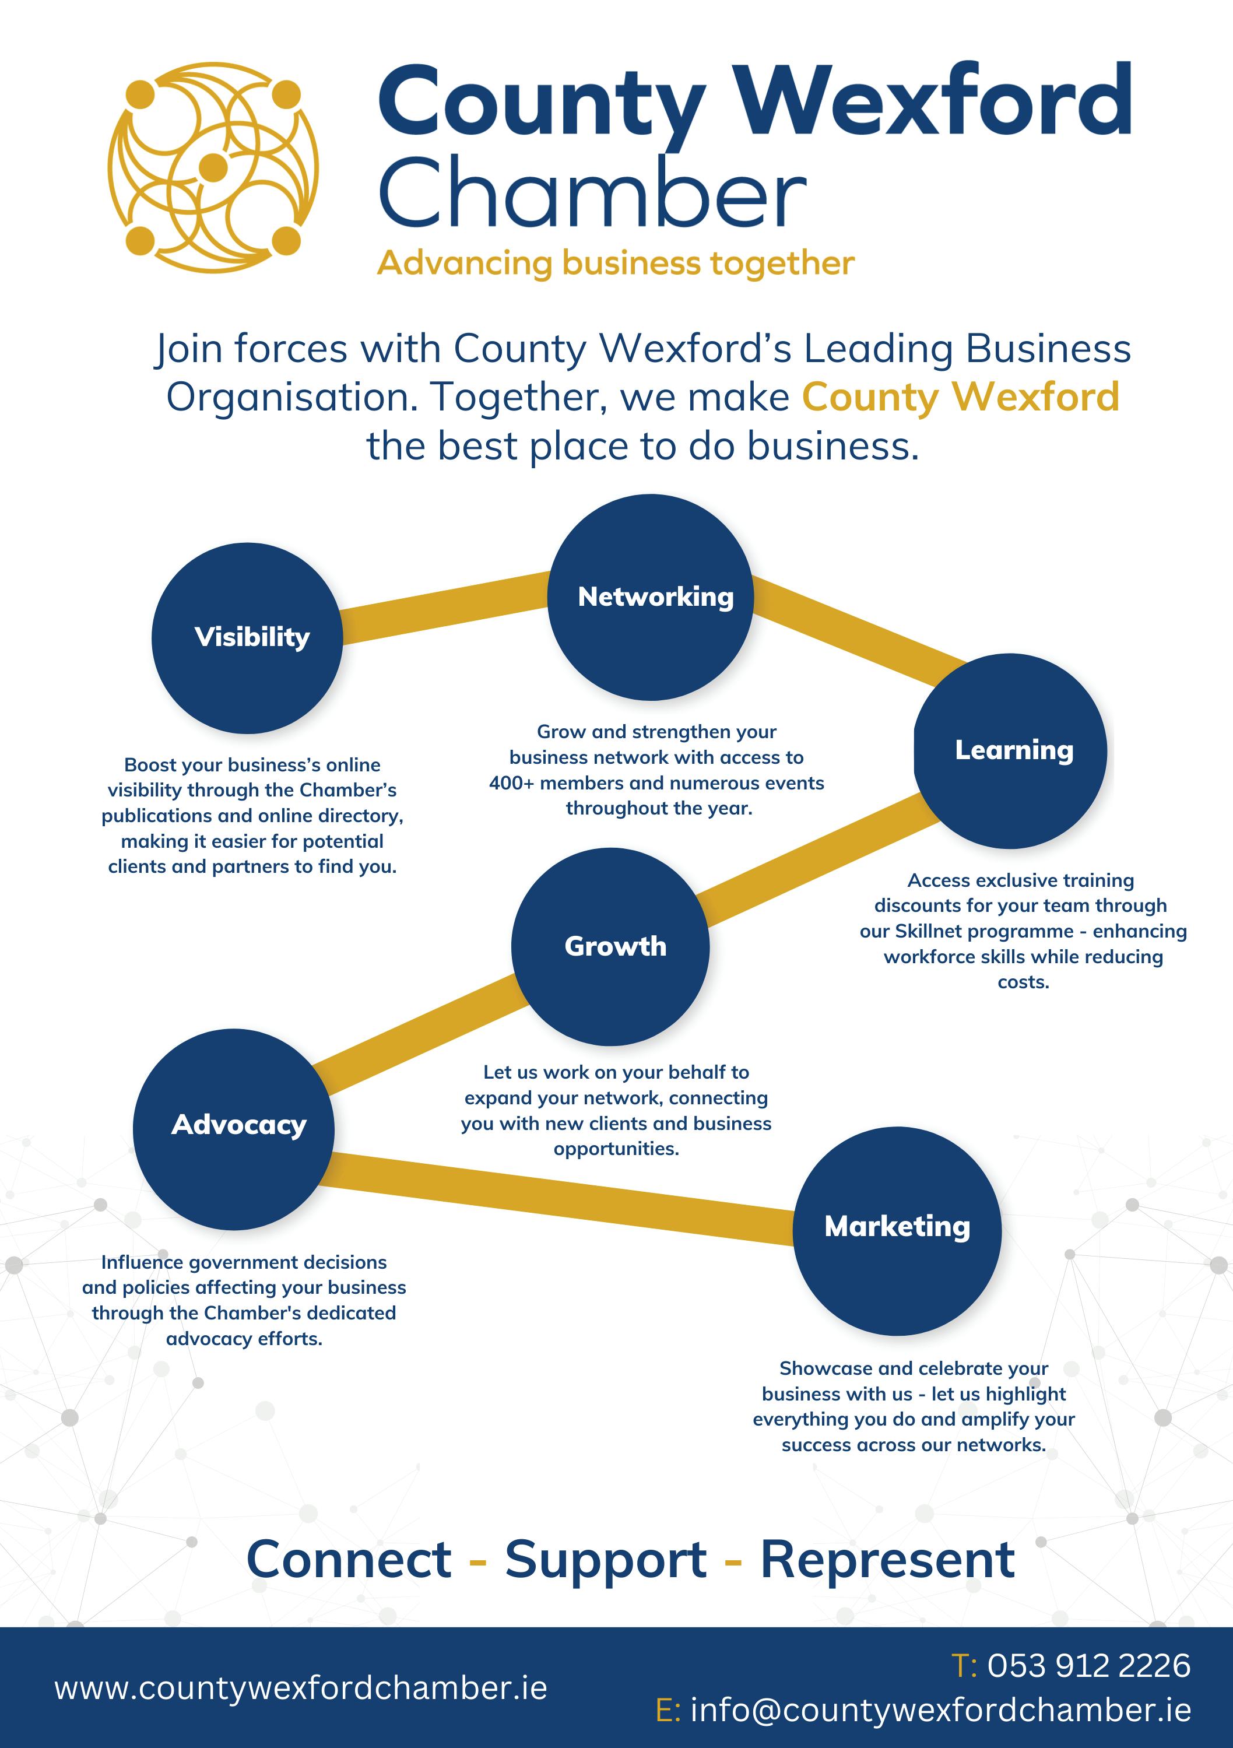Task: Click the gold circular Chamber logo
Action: (213, 167)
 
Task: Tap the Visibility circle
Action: (247, 637)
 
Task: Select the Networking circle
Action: (651, 597)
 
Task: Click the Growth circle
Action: (610, 946)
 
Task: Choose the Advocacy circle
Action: (234, 1125)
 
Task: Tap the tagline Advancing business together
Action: (616, 264)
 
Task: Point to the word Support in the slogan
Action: (606, 1560)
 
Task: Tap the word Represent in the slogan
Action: (887, 1560)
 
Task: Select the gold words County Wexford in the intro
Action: (961, 396)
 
